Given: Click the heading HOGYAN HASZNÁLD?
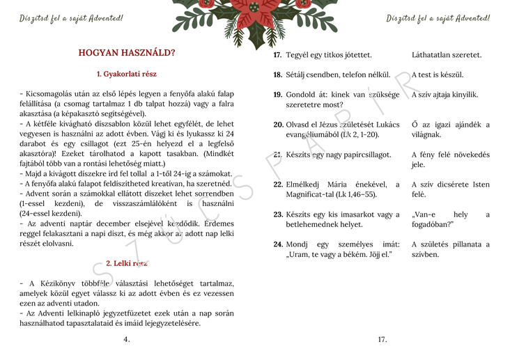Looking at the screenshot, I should (127, 52).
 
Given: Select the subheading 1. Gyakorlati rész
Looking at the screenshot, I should (127, 73).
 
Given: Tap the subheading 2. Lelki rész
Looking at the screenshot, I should (127, 263).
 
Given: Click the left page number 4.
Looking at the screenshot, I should (126, 339).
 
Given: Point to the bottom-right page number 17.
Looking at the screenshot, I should (382, 339).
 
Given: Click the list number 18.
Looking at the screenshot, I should (277, 75).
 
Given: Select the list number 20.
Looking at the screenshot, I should (278, 125).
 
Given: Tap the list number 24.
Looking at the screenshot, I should (278, 244).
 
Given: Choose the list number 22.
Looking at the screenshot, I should (278, 185).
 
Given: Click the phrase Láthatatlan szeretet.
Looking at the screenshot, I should (447, 54).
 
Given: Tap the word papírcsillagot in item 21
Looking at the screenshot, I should (364, 155).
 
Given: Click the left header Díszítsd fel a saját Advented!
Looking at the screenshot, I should (71, 17).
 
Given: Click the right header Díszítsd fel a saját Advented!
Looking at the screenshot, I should (438, 17).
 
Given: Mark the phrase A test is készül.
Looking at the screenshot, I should (438, 75).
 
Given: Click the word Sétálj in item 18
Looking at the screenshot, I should (298, 75).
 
